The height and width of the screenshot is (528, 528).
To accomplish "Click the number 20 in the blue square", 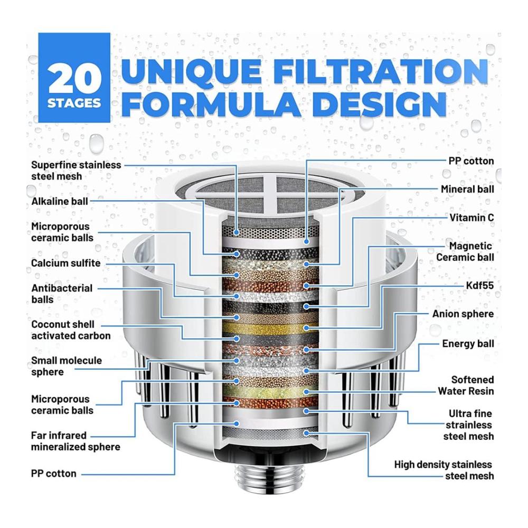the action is pyautogui.click(x=75, y=79).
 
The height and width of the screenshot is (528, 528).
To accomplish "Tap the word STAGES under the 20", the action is pyautogui.click(x=74, y=103).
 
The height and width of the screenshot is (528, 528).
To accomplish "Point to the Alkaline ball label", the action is pyautogui.click(x=60, y=201).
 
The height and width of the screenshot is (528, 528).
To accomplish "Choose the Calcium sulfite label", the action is pyautogui.click(x=65, y=263).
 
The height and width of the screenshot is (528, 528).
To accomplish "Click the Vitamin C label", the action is pyautogui.click(x=472, y=218).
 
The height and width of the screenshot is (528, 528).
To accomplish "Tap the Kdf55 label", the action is pyautogui.click(x=479, y=286).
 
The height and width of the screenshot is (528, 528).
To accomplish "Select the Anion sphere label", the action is pyautogui.click(x=463, y=314).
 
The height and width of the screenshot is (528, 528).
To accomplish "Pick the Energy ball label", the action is pyautogui.click(x=468, y=344).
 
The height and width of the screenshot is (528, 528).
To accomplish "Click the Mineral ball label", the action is pyautogui.click(x=467, y=189).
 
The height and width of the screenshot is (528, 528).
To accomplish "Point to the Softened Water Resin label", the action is pyautogui.click(x=466, y=385).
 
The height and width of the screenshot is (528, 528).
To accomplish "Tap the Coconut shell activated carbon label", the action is pyautogui.click(x=71, y=330).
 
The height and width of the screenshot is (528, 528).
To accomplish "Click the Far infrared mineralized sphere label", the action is pyautogui.click(x=76, y=441).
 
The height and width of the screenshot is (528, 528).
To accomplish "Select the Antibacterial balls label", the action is pyautogui.click(x=62, y=294).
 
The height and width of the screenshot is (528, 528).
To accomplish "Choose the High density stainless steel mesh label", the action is pyautogui.click(x=444, y=470).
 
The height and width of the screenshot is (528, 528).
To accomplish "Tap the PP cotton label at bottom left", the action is pyautogui.click(x=54, y=474).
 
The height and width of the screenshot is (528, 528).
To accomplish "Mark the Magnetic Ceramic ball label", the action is pyautogui.click(x=465, y=251).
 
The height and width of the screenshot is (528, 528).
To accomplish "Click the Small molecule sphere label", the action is pyautogui.click(x=67, y=366).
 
